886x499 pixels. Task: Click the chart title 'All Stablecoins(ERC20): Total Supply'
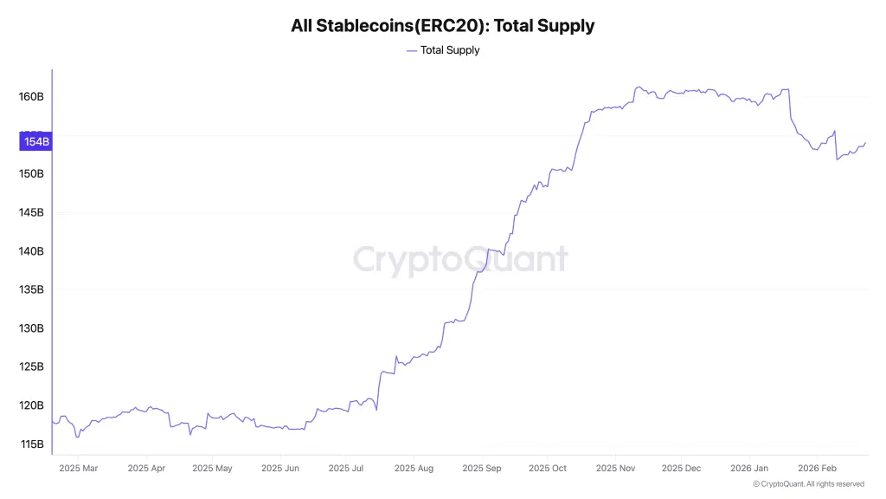pos(442,26)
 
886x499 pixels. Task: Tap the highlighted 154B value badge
pos(37,141)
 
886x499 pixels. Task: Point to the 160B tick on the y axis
pos(31,96)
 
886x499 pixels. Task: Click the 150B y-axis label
pos(31,174)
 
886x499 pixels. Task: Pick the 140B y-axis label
pos(31,251)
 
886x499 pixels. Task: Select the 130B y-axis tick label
pos(31,328)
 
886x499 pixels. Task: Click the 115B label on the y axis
pos(31,444)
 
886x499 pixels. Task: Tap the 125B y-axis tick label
pos(31,367)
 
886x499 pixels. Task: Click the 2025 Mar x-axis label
pos(78,469)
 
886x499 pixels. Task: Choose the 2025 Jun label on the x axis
pos(279,469)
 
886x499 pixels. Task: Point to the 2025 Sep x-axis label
pos(482,469)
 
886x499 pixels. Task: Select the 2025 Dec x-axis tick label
pos(681,469)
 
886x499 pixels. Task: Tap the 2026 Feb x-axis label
pos(817,469)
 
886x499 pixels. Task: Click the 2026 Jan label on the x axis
pos(748,469)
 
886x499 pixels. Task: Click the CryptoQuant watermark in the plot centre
pos(460,259)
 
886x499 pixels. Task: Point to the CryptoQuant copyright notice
pos(808,484)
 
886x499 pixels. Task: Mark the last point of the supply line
pos(865,143)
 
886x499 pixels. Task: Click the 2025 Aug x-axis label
pos(414,469)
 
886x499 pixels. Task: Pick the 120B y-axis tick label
pos(31,405)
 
